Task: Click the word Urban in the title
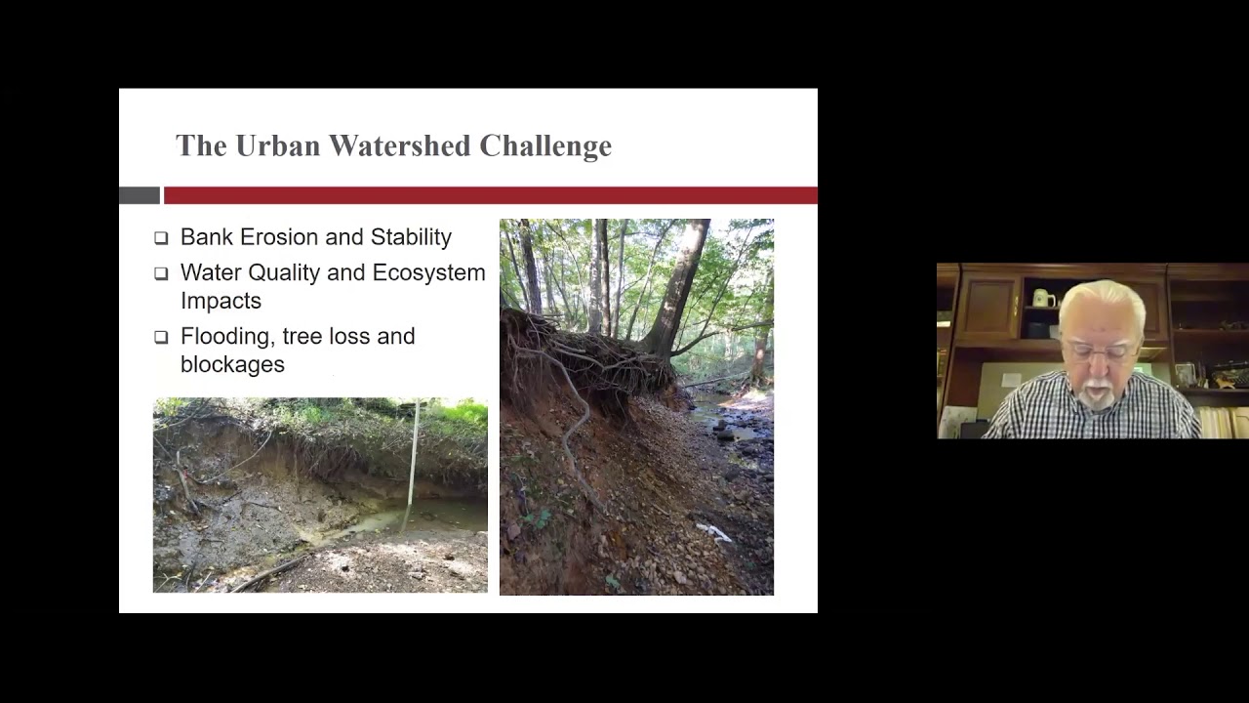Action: tap(277, 145)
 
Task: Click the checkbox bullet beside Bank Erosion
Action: tap(161, 237)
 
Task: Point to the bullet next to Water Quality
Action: tap(161, 273)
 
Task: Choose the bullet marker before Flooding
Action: tap(161, 337)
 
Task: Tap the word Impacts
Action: tap(221, 301)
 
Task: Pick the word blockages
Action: tap(232, 364)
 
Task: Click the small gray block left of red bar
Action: tap(139, 195)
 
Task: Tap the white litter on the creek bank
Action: tap(713, 531)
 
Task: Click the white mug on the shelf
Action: tap(1042, 298)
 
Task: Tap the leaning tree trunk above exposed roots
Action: tap(683, 283)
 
